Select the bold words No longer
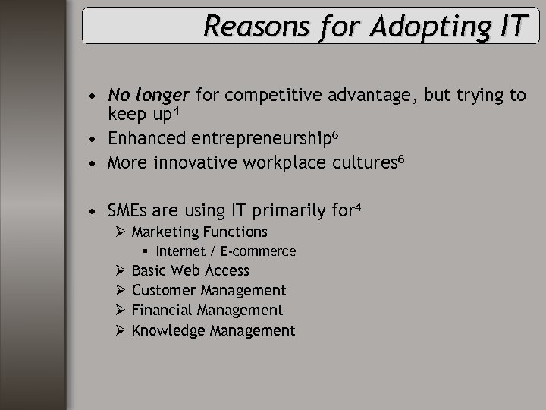click(150, 95)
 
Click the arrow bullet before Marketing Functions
click(121, 232)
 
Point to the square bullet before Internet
click(145, 251)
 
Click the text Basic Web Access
click(190, 271)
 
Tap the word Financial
click(162, 311)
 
